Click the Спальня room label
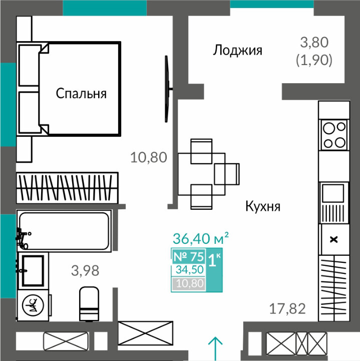[x=81, y=94]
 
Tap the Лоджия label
[x=237, y=50]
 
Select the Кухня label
[x=263, y=206]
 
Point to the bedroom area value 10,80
[x=149, y=158]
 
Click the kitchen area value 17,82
[x=287, y=309]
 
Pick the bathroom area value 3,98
[x=85, y=270]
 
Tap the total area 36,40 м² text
[x=201, y=238]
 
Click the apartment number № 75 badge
[x=189, y=257]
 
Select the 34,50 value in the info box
[x=190, y=269]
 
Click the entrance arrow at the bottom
[x=215, y=348]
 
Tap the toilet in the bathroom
[x=89, y=304]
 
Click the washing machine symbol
[x=33, y=305]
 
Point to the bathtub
[x=64, y=231]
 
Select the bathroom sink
[x=33, y=270]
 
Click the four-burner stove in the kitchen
[x=334, y=135]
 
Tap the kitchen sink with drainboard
[x=334, y=203]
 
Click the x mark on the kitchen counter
[x=333, y=240]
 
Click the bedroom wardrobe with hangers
[x=67, y=188]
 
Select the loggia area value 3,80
[x=314, y=43]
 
